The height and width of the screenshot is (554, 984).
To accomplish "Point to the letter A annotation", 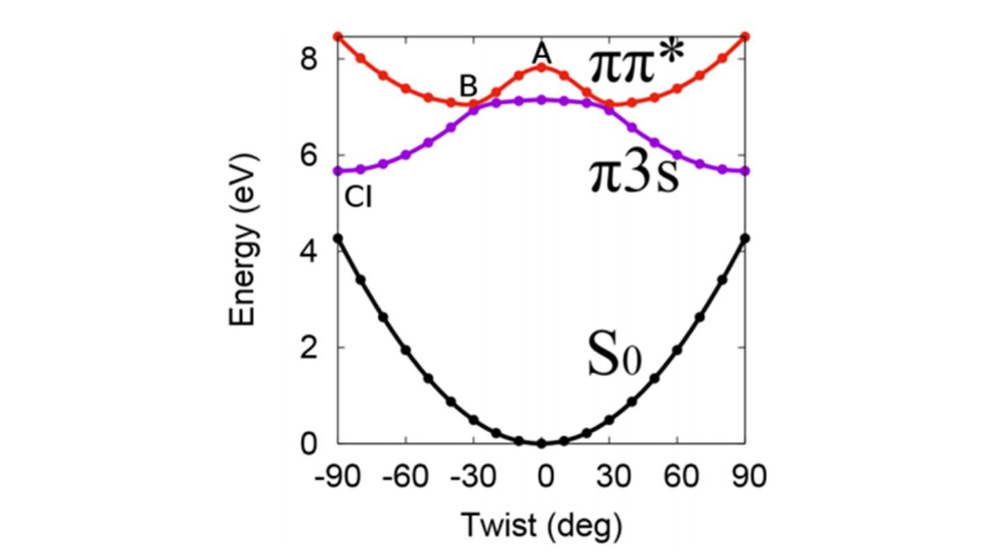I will click(541, 52).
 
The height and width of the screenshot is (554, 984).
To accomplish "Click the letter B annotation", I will click(468, 87).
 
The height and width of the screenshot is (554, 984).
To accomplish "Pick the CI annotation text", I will click(358, 198).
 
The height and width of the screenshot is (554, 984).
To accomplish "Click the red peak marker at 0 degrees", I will click(541, 66).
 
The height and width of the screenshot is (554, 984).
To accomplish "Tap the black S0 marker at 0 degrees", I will click(541, 443).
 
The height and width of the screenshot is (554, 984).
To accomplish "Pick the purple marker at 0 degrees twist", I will click(541, 99).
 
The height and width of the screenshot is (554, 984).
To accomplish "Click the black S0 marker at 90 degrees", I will click(745, 238).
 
